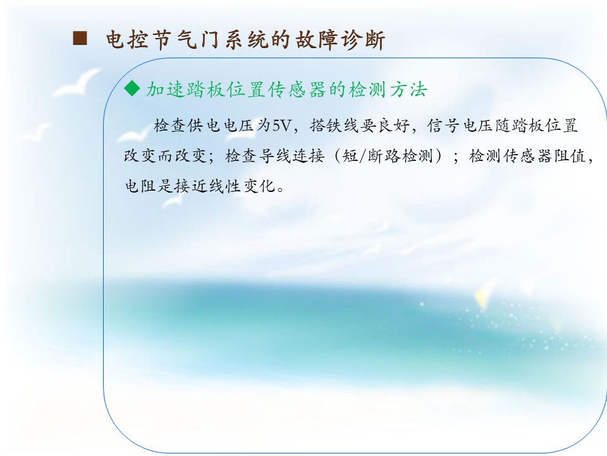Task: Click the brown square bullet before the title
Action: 80,39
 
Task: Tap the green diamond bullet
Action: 132,89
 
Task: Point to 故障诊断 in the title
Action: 340,40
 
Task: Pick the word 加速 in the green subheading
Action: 164,89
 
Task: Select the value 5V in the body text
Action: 281,125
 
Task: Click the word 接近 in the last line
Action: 190,186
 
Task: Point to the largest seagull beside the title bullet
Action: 76,84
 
